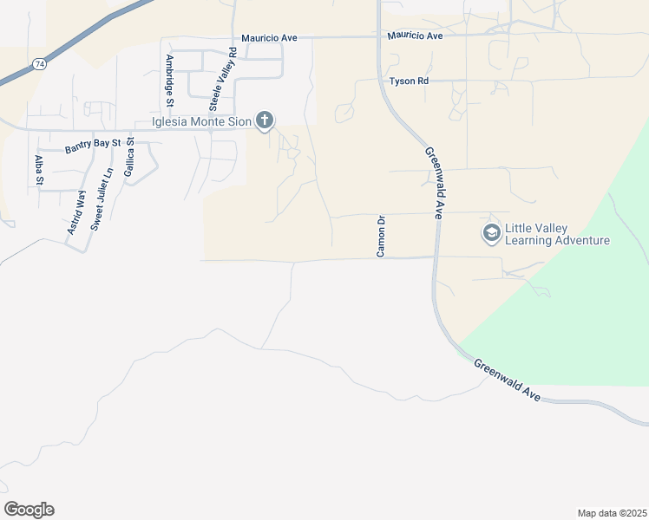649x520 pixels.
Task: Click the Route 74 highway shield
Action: tap(39, 64)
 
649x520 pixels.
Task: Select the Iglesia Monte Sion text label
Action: tap(202, 122)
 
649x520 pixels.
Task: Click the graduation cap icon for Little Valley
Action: tap(491, 232)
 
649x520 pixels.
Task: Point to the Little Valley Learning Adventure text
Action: tap(557, 235)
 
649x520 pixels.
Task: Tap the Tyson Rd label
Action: tap(410, 81)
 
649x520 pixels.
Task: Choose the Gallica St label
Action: tap(128, 158)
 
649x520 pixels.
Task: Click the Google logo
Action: tap(29, 510)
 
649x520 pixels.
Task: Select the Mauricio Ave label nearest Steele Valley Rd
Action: tap(269, 38)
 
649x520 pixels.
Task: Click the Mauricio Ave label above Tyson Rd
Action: tap(415, 36)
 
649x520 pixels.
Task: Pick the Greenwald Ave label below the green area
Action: tap(508, 379)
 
